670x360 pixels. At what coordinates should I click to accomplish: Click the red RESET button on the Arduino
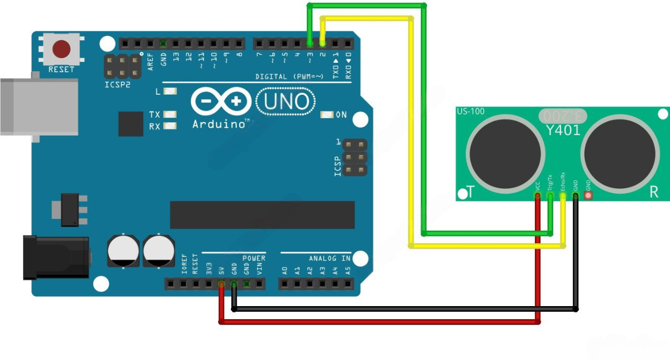coord(62,49)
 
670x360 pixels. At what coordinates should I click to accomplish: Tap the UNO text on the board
coord(286,101)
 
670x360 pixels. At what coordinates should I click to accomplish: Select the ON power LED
coord(328,115)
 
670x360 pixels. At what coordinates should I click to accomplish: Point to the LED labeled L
coord(170,92)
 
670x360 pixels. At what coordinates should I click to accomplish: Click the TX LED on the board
coord(170,114)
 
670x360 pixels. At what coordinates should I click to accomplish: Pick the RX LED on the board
coord(170,126)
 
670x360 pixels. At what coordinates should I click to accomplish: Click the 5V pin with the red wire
coord(221,284)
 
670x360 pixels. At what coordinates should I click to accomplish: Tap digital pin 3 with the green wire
coord(310,43)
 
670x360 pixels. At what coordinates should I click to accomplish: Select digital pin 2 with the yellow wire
coord(322,43)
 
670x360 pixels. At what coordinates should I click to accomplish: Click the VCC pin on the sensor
coord(538,196)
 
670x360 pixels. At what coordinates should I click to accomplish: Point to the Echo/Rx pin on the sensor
coord(563,196)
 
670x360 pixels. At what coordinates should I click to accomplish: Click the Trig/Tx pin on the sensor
coord(550,196)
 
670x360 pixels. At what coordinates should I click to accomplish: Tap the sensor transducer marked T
coord(506,152)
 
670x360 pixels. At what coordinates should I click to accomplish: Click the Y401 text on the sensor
coord(563,130)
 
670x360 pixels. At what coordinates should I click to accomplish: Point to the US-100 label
coord(471,111)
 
